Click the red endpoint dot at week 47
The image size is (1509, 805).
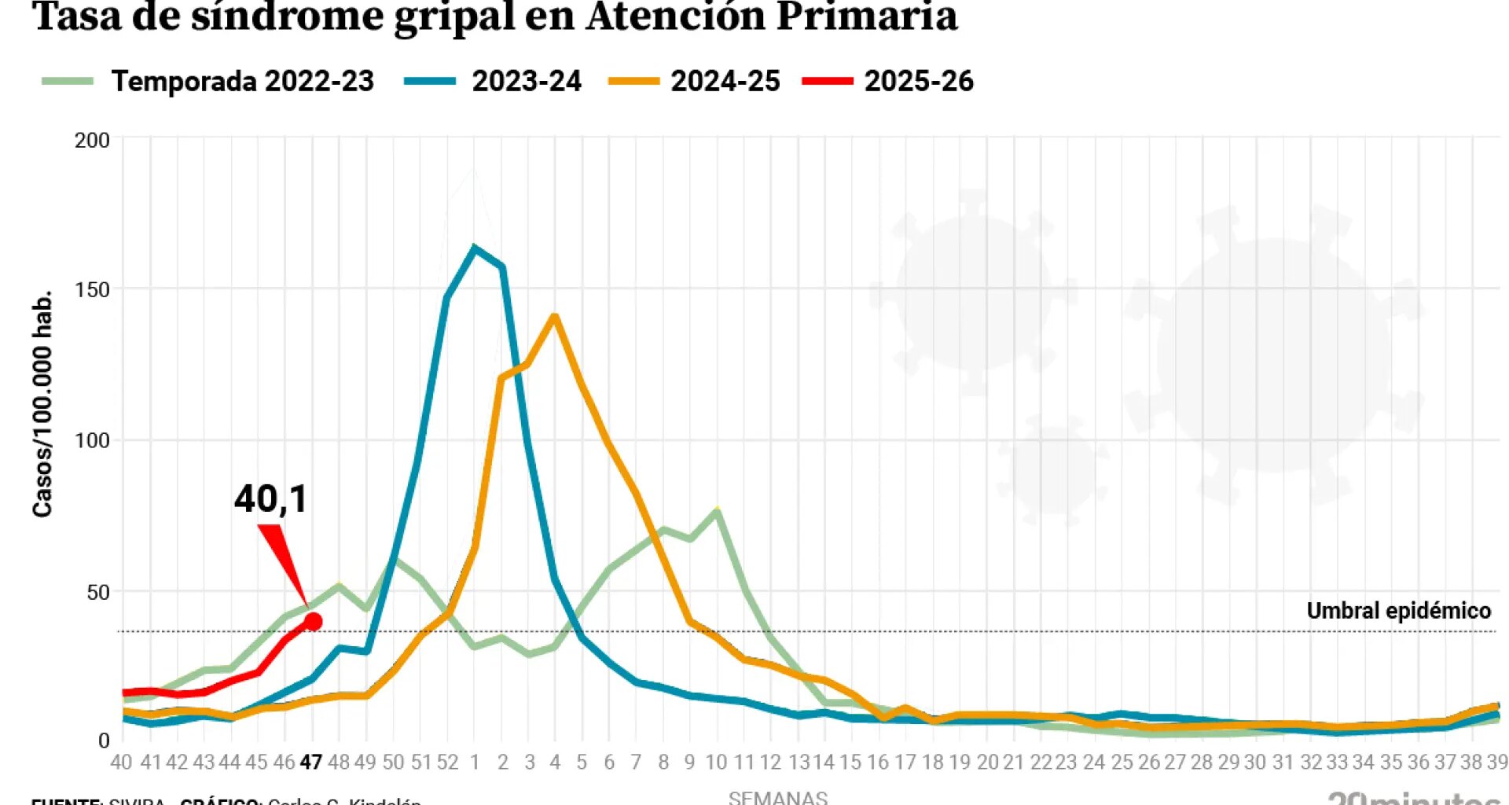(313, 622)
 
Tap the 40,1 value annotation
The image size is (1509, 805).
(271, 498)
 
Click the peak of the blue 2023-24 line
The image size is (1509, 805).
(474, 248)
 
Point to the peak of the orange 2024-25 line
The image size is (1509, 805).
(554, 317)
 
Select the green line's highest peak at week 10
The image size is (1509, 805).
(717, 511)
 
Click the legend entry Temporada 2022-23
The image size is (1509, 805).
(242, 81)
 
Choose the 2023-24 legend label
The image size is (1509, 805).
(526, 81)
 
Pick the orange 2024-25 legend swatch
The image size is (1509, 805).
(633, 81)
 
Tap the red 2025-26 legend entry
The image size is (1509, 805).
(918, 81)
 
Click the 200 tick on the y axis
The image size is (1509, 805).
(92, 141)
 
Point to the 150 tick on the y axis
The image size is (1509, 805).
(92, 290)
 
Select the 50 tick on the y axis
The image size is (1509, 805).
(97, 592)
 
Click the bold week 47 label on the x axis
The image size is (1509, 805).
(311, 762)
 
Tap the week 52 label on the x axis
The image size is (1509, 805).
(447, 762)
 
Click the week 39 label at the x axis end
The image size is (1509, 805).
(1496, 762)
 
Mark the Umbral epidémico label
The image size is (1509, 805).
(1398, 611)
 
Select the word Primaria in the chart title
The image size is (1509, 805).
(867, 17)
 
